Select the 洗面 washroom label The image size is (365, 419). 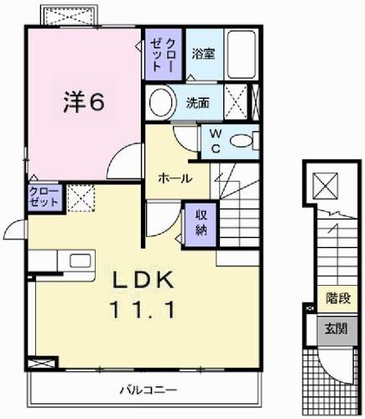point(198,105)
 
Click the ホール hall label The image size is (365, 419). point(175,178)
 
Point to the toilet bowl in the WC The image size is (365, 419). point(244,142)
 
